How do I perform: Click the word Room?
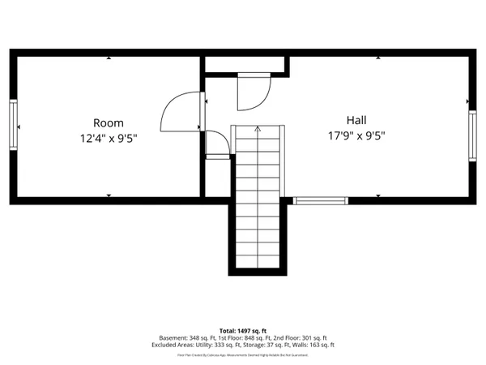pyautogui.click(x=109, y=122)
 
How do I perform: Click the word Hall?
pyautogui.click(x=356, y=120)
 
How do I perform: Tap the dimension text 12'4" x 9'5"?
pyautogui.click(x=109, y=138)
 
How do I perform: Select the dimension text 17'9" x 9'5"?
pyautogui.click(x=356, y=135)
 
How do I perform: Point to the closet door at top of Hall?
pyautogui.click(x=251, y=92)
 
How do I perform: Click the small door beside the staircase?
pyautogui.click(x=217, y=144)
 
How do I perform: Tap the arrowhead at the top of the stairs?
pyautogui.click(x=258, y=128)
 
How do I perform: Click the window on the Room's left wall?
pyautogui.click(x=13, y=124)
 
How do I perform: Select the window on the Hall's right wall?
pyautogui.click(x=473, y=135)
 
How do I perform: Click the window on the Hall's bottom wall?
pyautogui.click(x=320, y=200)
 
